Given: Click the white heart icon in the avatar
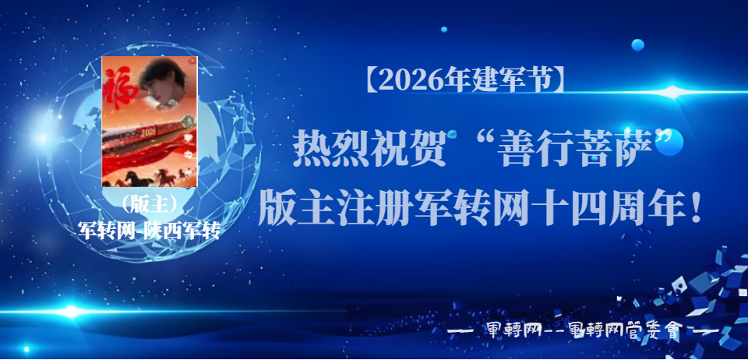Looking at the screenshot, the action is tap(189, 137).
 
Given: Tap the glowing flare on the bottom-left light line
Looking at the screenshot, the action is tap(71, 312).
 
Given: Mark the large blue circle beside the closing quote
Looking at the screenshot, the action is tap(670, 143).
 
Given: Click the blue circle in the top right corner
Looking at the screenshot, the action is tap(638, 45).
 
